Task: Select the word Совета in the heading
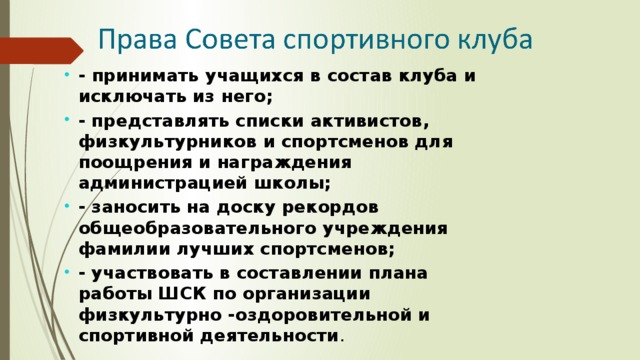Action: (x=221, y=42)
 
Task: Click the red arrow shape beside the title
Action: (x=40, y=49)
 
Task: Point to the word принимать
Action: (x=132, y=76)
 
